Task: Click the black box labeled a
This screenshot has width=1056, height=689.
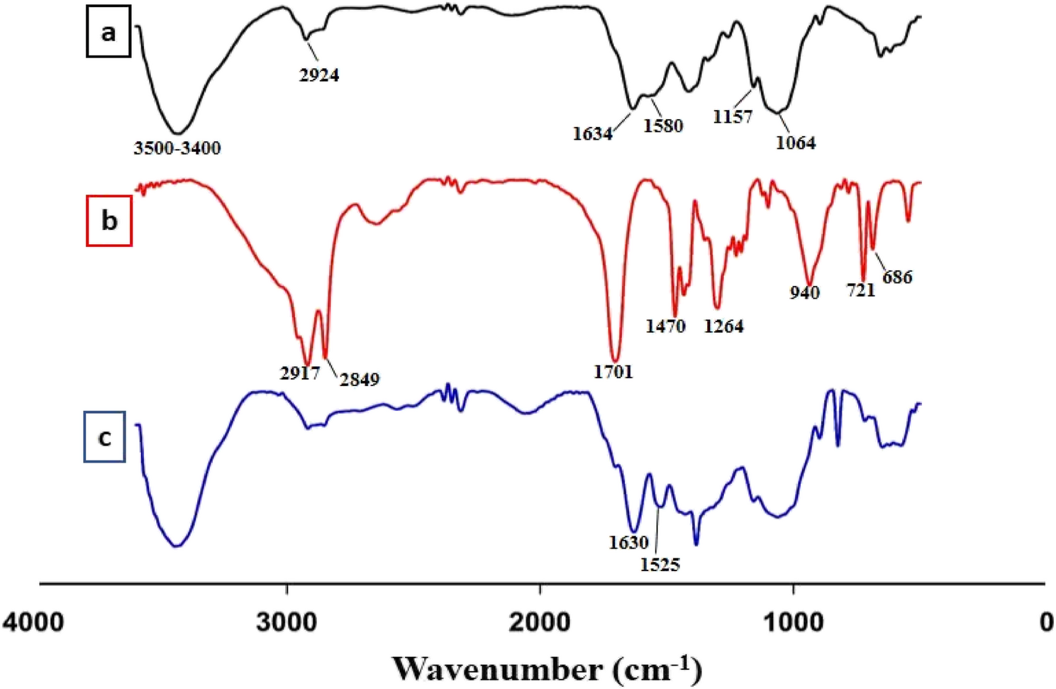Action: (x=109, y=33)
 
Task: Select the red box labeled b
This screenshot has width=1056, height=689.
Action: (x=109, y=221)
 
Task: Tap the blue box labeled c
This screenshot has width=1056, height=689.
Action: (x=105, y=437)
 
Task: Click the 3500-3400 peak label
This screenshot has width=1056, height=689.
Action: (x=177, y=148)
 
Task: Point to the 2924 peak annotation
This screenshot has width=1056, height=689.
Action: (x=318, y=75)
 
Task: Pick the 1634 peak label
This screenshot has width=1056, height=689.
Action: (x=592, y=133)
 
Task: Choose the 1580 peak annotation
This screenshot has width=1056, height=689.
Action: (x=663, y=126)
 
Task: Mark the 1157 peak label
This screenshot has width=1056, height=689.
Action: (x=733, y=117)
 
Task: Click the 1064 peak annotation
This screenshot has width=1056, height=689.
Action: (x=795, y=143)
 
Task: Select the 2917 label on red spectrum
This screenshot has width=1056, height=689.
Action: (x=300, y=373)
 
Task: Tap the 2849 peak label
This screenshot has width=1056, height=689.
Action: (x=359, y=380)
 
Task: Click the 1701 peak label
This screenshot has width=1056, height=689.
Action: (x=613, y=371)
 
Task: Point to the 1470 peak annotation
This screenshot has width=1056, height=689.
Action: (x=665, y=326)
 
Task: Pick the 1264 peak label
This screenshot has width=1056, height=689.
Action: (x=723, y=326)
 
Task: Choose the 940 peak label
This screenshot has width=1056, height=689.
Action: (x=804, y=292)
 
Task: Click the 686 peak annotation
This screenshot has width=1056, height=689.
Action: (x=897, y=277)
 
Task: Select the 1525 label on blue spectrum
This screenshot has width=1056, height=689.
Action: (x=660, y=565)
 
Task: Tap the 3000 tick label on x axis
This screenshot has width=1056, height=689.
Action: (x=287, y=622)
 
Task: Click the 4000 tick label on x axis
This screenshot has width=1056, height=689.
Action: (x=33, y=622)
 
